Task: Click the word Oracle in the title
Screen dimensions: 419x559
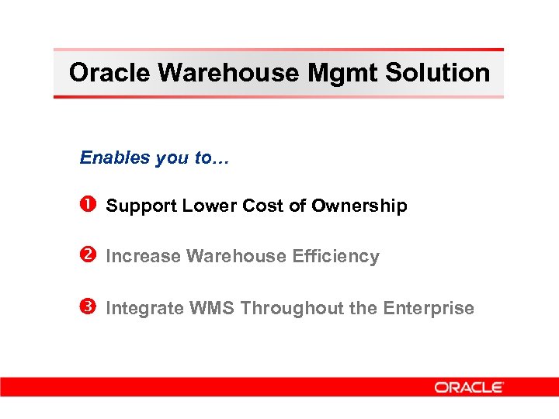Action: click(x=109, y=73)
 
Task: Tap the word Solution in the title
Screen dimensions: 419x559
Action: click(x=439, y=73)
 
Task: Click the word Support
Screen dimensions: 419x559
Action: click(x=141, y=206)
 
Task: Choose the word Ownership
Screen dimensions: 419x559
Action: click(x=359, y=206)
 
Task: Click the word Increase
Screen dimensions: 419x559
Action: click(x=144, y=257)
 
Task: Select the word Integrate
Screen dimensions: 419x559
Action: click(x=142, y=309)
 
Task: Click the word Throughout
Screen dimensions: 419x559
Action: click(x=292, y=309)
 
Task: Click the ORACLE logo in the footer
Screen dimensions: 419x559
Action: click(x=469, y=387)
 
